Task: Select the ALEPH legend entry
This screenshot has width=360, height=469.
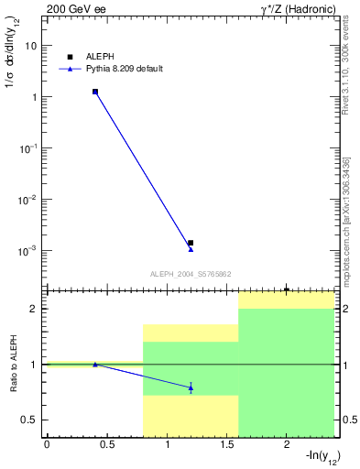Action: [x=99, y=57]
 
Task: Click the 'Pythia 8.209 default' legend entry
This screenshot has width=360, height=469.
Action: [x=124, y=69]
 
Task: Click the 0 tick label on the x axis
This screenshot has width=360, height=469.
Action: [x=47, y=444]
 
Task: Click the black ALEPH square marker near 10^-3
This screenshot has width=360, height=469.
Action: [x=191, y=243]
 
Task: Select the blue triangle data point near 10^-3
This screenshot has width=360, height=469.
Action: [x=191, y=249]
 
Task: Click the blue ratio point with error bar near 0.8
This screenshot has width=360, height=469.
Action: [x=191, y=387]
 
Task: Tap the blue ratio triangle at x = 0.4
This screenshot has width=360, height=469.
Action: [x=95, y=365]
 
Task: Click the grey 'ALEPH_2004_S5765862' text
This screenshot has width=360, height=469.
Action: [x=191, y=274]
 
